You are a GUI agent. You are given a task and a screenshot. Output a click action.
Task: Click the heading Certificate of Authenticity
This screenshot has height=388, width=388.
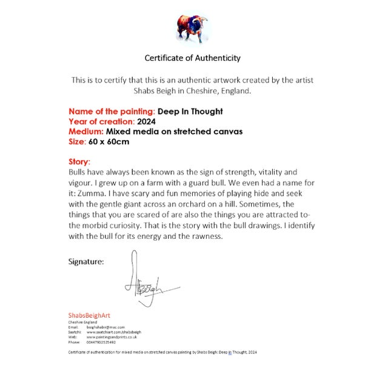192,58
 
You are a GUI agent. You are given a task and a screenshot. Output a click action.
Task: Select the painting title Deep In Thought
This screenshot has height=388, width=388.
190,112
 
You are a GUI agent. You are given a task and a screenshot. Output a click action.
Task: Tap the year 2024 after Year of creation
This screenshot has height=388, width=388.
146,121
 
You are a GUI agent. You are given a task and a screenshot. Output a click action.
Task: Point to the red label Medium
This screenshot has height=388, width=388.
85,132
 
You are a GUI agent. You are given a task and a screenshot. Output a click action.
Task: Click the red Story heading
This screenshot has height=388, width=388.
79,162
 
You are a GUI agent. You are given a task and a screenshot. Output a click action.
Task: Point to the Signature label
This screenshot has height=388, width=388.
85,262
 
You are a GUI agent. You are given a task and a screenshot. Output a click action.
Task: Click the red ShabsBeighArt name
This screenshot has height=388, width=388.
89,315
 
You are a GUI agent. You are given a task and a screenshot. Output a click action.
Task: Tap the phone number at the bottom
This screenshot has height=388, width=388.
102,342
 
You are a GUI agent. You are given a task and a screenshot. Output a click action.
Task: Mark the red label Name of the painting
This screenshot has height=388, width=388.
112,112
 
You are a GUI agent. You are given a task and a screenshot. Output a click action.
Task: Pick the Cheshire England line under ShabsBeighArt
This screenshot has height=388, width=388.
84,322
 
